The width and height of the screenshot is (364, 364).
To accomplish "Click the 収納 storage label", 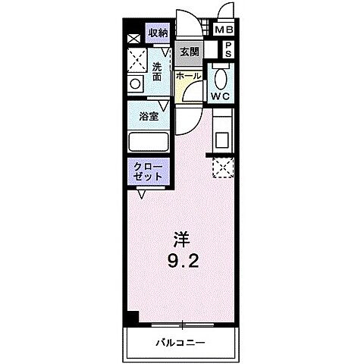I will pos(158,33).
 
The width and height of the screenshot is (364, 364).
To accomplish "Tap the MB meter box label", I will pos(224,31).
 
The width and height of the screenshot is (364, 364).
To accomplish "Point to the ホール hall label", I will pos(189,77).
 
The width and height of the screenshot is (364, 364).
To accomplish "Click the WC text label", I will pos(221,97).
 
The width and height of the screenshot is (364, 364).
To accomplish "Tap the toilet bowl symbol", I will pos(220,77).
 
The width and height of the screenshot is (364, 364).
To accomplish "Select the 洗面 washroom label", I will pos(157,71).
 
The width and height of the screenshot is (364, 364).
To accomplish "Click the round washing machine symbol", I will pos(136,84).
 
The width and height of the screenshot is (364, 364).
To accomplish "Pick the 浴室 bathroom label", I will pos(149,117).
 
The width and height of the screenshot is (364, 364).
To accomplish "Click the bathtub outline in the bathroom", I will pos(149,142).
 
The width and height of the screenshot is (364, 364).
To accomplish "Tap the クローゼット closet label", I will pos(148,171).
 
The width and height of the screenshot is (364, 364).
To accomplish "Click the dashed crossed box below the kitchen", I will pos(221,167).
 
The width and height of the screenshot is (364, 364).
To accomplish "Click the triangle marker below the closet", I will pos(142,195).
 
